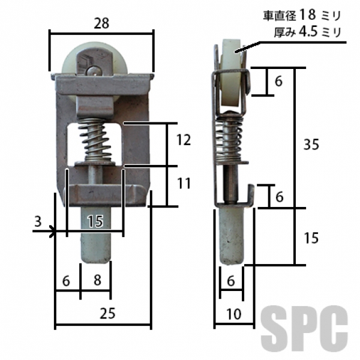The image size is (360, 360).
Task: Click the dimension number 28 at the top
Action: click(x=101, y=23)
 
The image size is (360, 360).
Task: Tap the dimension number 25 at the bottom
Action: click(x=107, y=313)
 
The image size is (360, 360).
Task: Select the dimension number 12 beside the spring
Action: click(x=184, y=140)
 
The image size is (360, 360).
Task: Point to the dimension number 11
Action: click(x=184, y=183)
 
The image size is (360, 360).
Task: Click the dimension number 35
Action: click(x=311, y=145)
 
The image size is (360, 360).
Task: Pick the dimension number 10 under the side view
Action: click(x=234, y=314)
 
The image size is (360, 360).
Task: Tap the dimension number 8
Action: click(x=97, y=280)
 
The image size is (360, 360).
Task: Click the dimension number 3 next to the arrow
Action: click(x=38, y=221)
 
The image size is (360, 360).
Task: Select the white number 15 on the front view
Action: click(x=96, y=221)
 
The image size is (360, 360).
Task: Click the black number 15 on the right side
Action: click(x=311, y=238)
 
